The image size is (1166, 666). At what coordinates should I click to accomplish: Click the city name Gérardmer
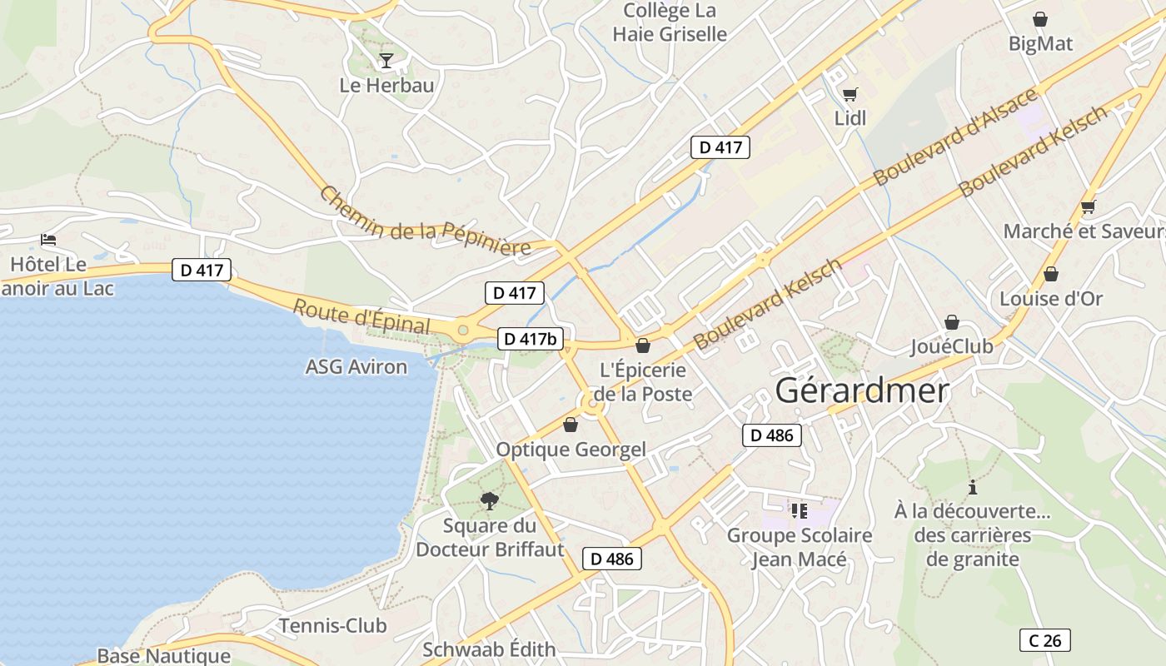click(862, 390)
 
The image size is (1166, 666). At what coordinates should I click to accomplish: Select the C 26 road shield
click(1044, 640)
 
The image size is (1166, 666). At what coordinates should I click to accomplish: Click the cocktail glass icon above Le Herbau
click(386, 60)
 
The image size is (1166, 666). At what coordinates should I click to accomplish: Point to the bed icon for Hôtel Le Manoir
click(48, 240)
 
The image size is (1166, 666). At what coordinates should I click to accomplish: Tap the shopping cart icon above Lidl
click(850, 94)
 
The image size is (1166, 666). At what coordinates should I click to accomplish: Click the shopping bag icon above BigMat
click(1039, 19)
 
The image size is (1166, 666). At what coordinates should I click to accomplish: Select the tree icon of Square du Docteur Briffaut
click(489, 500)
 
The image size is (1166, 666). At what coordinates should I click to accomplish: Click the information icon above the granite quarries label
click(972, 487)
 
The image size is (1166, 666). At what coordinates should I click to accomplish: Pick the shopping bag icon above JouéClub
click(951, 322)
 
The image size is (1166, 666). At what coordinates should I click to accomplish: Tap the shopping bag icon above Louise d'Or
click(1050, 274)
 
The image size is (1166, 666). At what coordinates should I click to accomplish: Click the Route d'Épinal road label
click(361, 316)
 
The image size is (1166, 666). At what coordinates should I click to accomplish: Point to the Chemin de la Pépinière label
click(425, 221)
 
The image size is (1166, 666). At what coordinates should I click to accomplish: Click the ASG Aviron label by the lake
click(356, 367)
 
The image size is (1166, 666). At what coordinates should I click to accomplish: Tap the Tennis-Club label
click(332, 625)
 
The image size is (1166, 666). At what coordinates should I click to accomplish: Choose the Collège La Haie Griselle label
click(670, 22)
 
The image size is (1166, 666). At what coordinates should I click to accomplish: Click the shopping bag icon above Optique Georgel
click(571, 425)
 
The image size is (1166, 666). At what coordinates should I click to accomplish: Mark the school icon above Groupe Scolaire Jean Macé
click(800, 510)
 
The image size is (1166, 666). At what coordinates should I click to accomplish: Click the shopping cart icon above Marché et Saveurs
click(1088, 206)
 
